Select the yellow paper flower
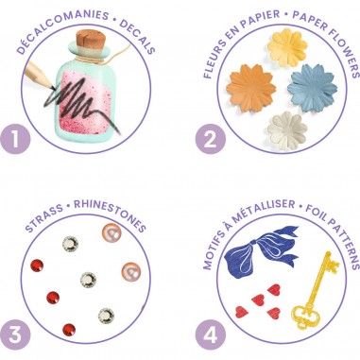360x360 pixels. pyautogui.click(x=287, y=47)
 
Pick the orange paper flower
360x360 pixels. pyautogui.click(x=250, y=89)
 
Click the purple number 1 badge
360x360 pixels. pyautogui.click(x=15, y=139)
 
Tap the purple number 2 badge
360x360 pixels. pyautogui.click(x=211, y=139)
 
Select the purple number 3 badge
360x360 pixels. pyautogui.click(x=15, y=334)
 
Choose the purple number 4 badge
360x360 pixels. pyautogui.click(x=211, y=334)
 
